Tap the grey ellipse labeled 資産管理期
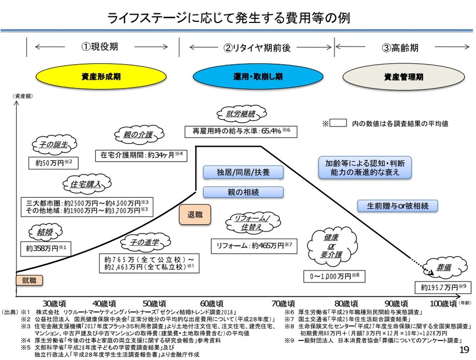403,76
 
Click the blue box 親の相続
243,192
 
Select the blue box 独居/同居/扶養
243,172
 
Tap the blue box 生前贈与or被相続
397,205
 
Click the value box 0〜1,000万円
335,276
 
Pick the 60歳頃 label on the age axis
210,303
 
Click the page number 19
464,350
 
